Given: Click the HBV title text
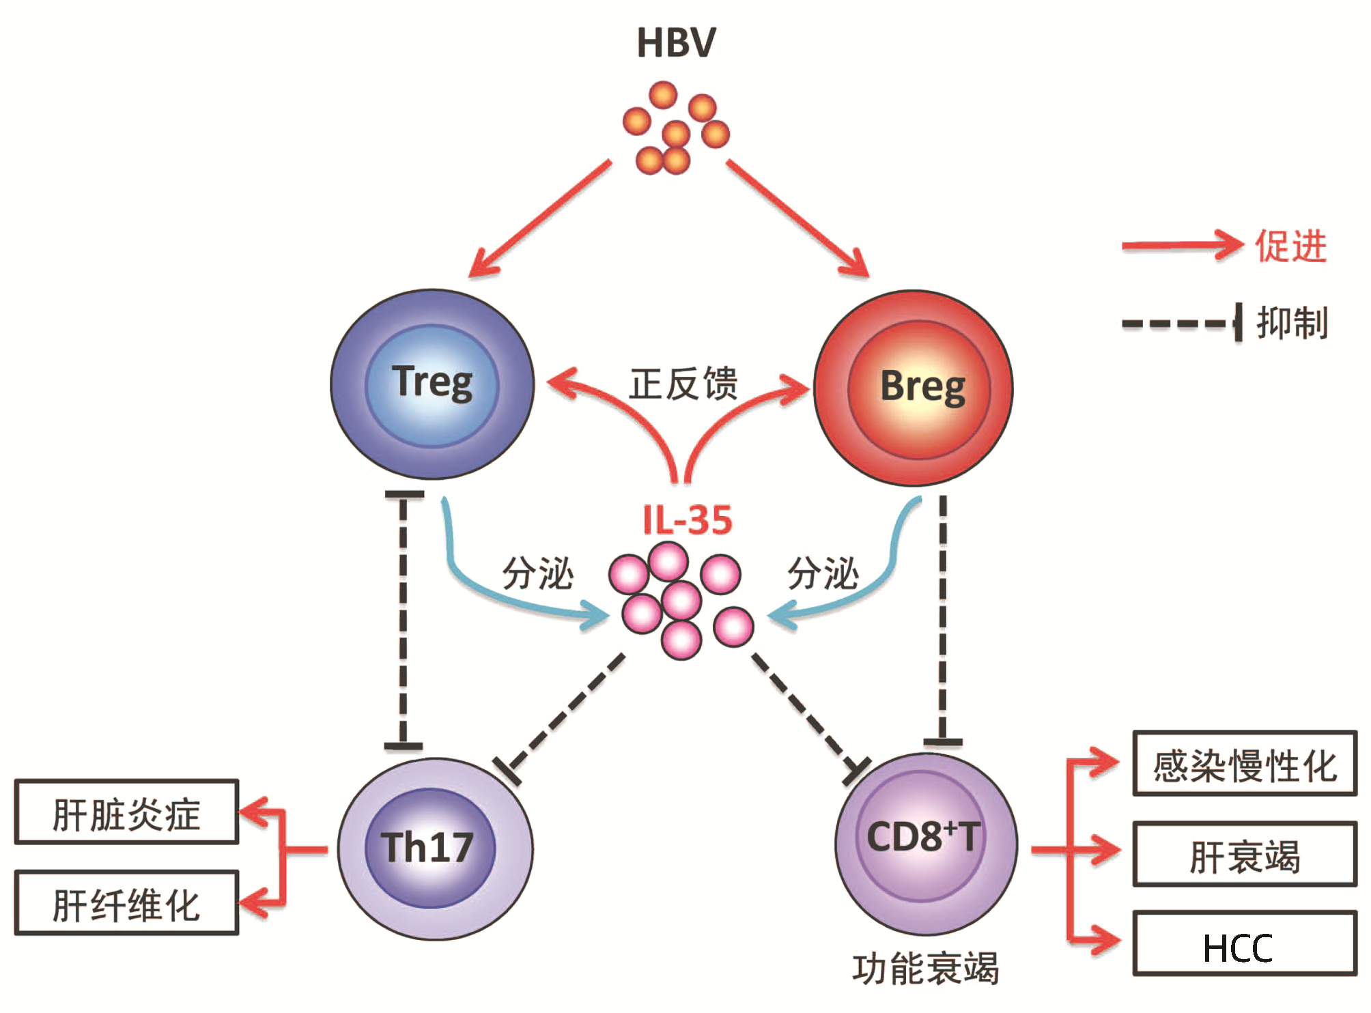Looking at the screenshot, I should coord(676,43).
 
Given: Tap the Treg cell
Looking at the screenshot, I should coord(432,384).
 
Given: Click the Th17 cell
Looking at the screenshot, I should coord(434,848).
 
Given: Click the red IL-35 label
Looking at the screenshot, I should coord(687,520).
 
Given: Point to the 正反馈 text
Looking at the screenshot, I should coord(683,384).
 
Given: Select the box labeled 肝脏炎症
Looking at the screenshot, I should coord(127,812).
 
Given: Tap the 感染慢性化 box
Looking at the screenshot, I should coord(1244,764).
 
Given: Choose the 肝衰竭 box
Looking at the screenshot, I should coord(1244,855).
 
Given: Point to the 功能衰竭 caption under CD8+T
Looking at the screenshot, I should coord(925,968).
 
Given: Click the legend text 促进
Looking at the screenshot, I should coord(1290,246).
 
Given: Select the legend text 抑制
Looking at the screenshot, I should coord(1292,323).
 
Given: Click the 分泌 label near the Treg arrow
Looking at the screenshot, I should coord(537,573).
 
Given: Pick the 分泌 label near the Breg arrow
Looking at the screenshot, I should coord(823,573).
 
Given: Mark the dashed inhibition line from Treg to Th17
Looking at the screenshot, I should coord(404,621).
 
